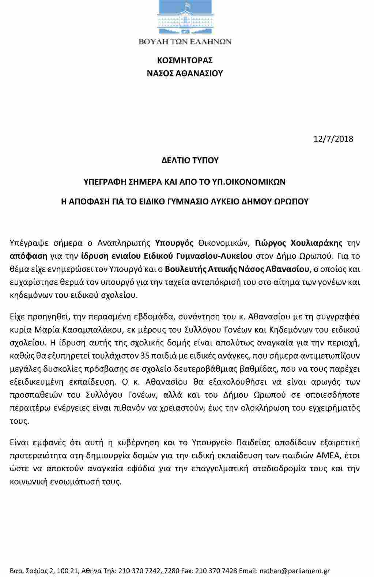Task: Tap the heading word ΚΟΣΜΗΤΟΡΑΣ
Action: click(x=185, y=60)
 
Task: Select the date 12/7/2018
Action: click(x=333, y=139)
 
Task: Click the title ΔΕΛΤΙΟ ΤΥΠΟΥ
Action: click(x=190, y=160)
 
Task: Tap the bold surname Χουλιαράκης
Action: click(x=317, y=243)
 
